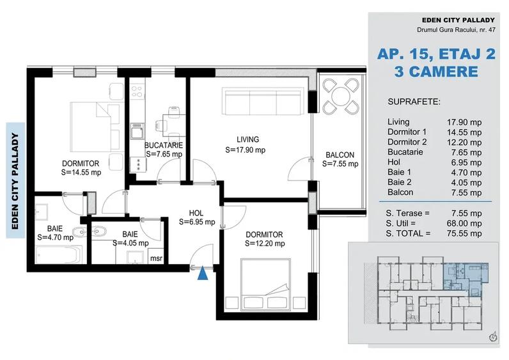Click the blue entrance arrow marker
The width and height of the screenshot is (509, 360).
(x=203, y=274)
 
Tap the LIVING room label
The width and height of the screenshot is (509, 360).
(x=247, y=139)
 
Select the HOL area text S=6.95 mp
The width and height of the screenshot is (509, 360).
(x=196, y=222)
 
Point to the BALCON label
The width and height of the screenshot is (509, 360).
(x=340, y=155)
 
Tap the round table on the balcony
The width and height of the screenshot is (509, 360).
(x=339, y=97)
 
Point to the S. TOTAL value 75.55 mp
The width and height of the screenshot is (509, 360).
(x=464, y=233)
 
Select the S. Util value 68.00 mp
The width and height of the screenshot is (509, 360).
(x=464, y=223)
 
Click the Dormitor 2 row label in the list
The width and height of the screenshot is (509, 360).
(x=407, y=141)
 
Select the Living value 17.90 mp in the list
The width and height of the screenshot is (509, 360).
(x=464, y=121)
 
